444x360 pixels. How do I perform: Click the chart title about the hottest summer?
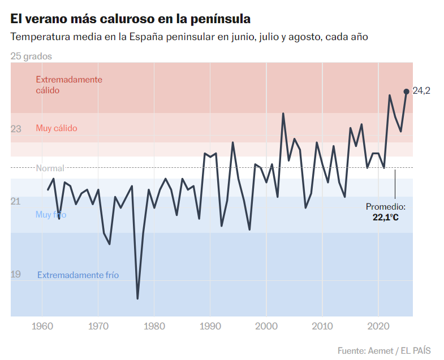(x=130, y=19)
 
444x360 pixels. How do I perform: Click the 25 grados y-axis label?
(x=31, y=57)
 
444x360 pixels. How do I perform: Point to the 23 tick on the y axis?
(x=16, y=129)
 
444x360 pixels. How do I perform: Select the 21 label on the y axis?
(x=16, y=202)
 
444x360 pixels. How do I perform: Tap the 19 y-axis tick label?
(x=16, y=274)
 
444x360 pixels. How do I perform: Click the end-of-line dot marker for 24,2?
(x=406, y=91)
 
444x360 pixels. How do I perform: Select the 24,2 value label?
(x=421, y=91)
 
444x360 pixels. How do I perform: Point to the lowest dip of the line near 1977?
(x=137, y=298)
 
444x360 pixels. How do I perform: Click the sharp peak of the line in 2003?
(x=283, y=114)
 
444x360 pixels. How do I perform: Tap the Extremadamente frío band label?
(x=78, y=275)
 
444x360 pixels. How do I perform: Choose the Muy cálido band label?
(x=57, y=128)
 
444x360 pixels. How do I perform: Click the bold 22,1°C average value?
(x=385, y=216)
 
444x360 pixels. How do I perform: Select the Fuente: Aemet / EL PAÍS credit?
(x=384, y=351)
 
